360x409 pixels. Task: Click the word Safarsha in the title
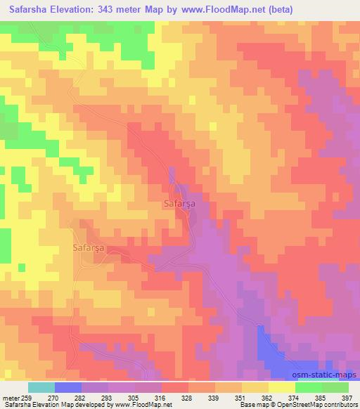click(x=30, y=10)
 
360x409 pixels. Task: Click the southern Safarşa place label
click(x=89, y=247)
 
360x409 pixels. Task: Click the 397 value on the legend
click(x=347, y=398)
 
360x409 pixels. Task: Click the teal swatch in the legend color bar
click(x=41, y=387)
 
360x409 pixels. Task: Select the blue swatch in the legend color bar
click(x=68, y=387)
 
